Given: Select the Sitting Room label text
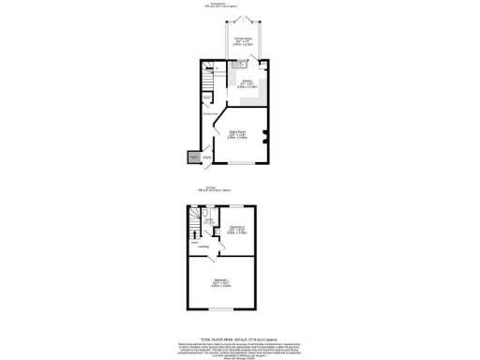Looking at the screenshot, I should pyautogui.click(x=238, y=133).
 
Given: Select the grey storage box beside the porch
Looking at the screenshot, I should pyautogui.click(x=194, y=158).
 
